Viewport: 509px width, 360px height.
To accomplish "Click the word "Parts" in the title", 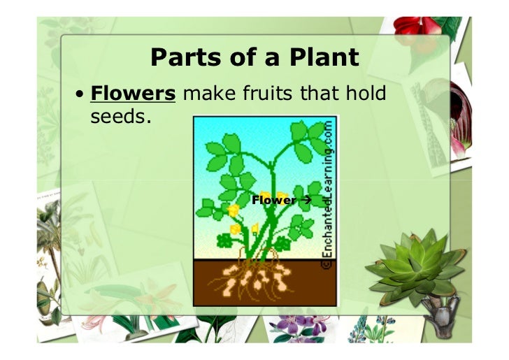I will click(180, 59).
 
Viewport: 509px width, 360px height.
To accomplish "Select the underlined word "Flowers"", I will click(133, 94).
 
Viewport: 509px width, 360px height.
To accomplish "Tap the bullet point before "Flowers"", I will click(81, 95).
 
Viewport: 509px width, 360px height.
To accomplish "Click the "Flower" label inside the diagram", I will click(273, 201).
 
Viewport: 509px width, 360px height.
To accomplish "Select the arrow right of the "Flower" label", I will click(305, 201).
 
